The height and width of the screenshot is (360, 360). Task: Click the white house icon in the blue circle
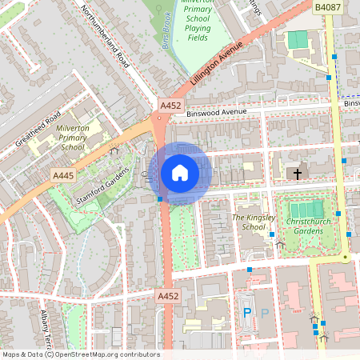pyautogui.click(x=180, y=173)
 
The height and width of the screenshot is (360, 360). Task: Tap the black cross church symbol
pyautogui.click(x=298, y=173)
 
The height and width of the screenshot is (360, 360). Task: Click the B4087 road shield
pyautogui.click(x=327, y=7)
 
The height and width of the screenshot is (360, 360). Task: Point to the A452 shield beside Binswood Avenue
pyautogui.click(x=170, y=106)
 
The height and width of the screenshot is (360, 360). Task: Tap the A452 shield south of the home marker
pyautogui.click(x=167, y=296)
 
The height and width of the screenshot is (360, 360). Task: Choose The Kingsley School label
pyautogui.click(x=254, y=222)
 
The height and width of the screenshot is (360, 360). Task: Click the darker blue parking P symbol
pyautogui.click(x=247, y=312)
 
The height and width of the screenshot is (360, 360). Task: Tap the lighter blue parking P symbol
pyautogui.click(x=263, y=312)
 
